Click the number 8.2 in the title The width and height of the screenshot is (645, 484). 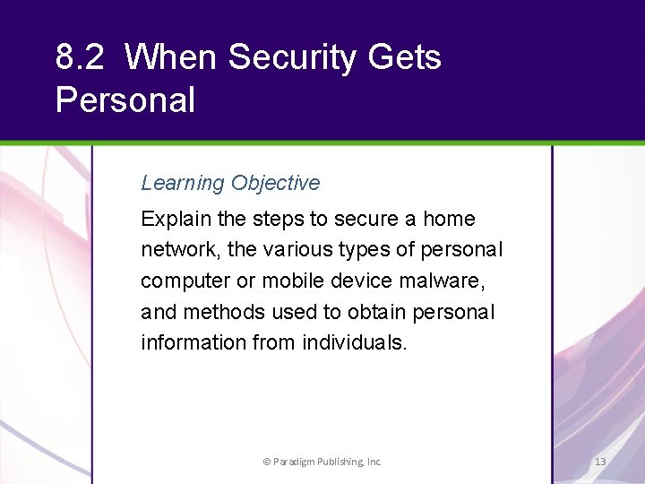[80, 57]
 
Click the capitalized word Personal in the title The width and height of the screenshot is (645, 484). [125, 99]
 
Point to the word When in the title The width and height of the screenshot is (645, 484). [171, 57]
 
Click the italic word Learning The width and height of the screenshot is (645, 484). [183, 184]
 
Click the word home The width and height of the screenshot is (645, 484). [449, 220]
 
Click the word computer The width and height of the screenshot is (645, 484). [185, 281]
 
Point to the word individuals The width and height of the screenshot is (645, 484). [352, 342]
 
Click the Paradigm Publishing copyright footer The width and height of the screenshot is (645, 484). [322, 462]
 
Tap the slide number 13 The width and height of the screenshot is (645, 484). [600, 462]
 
